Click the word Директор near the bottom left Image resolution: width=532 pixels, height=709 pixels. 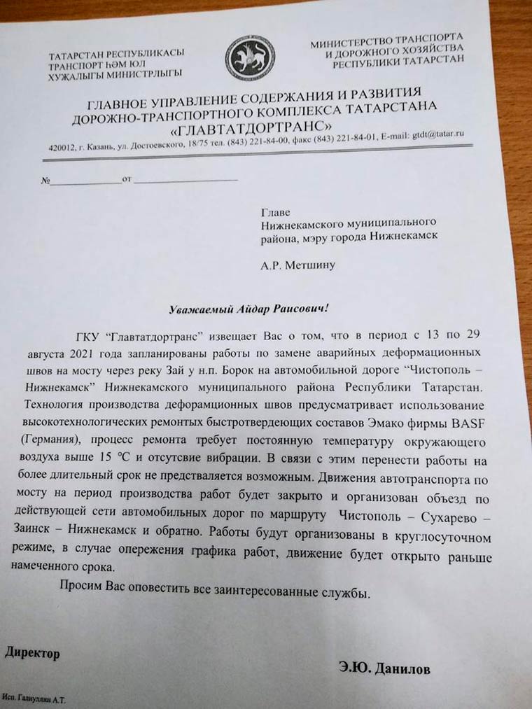32,653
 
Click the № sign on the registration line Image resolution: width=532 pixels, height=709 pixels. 47,181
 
